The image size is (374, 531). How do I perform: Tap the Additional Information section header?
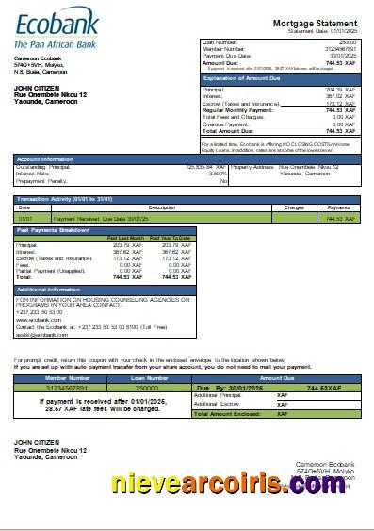pos(53,290)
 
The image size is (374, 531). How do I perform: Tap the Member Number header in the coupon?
pos(55,376)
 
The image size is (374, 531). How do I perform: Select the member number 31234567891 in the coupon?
pos(55,387)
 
